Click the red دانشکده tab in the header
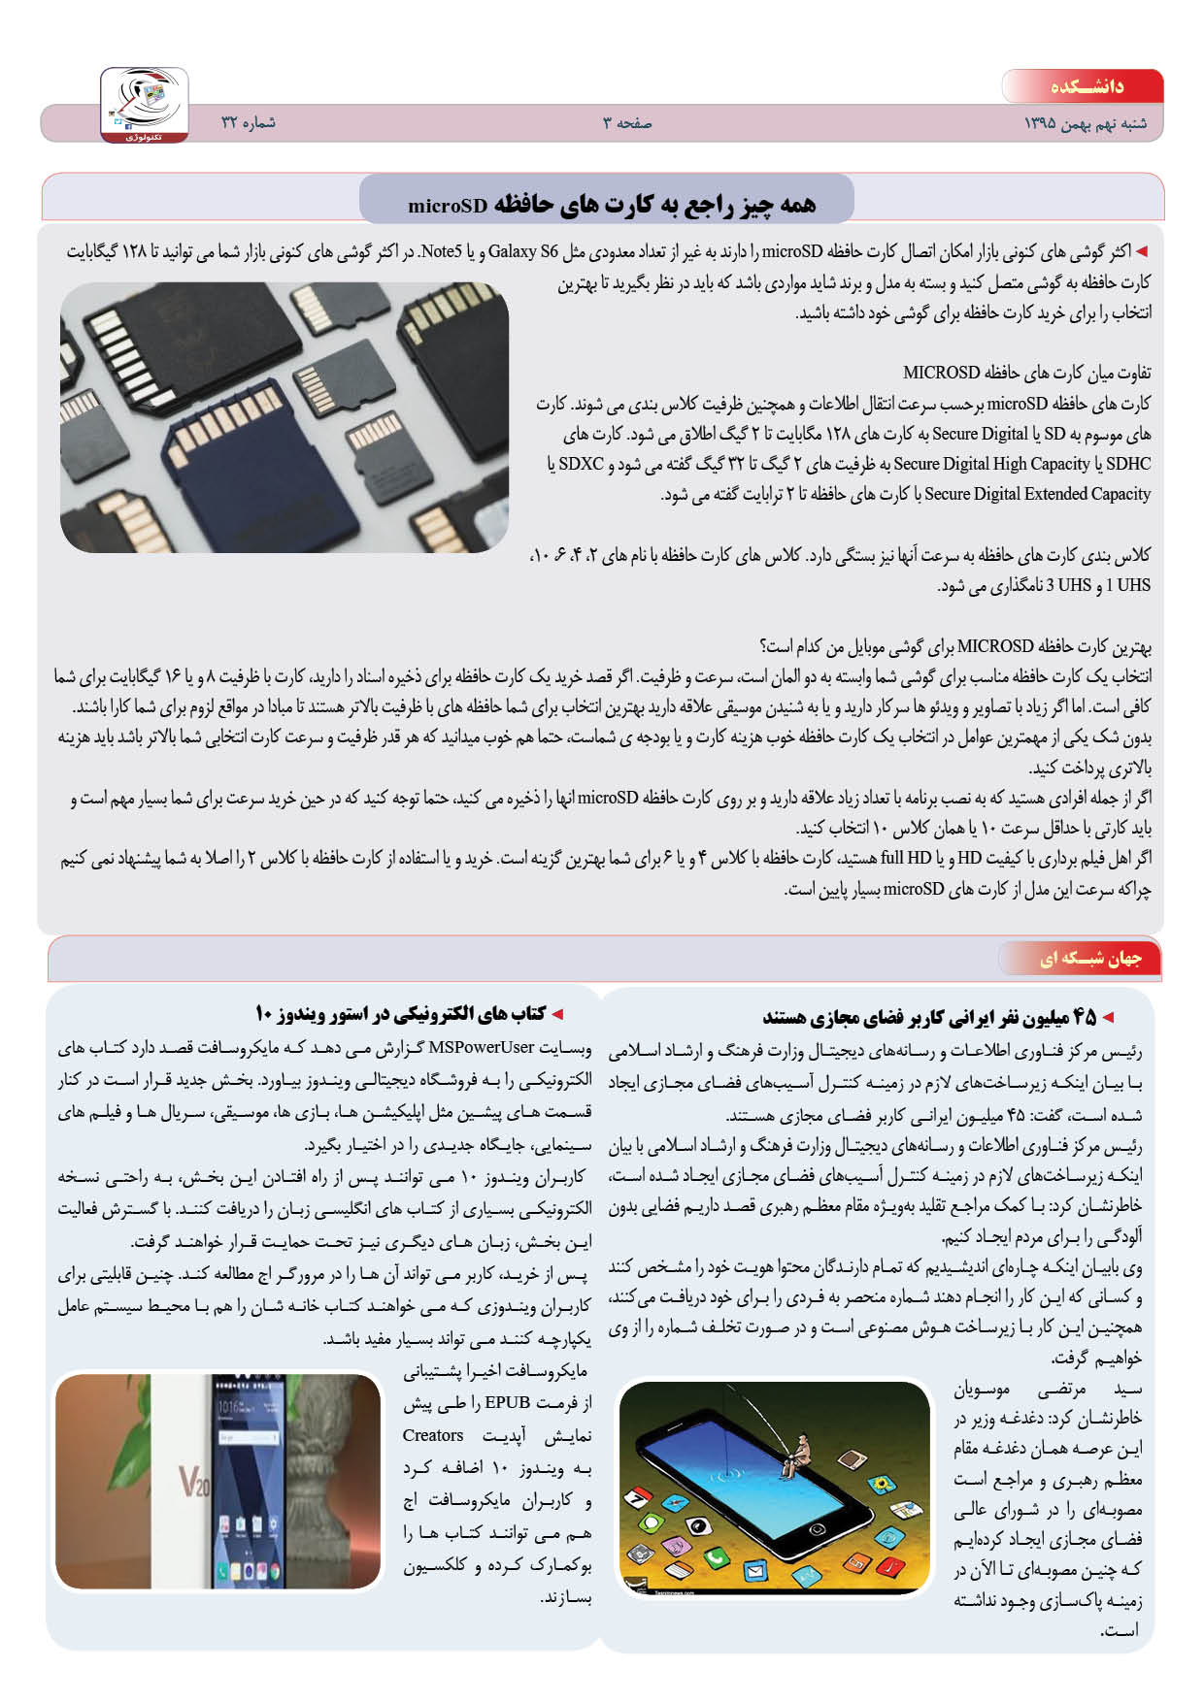pyautogui.click(x=1086, y=86)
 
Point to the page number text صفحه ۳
pyautogui.click(x=627, y=123)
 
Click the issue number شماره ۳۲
pyautogui.click(x=249, y=123)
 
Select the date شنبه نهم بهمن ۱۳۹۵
pyautogui.click(x=1085, y=124)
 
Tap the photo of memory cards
pyautogui.click(x=284, y=418)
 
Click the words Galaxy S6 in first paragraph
pyautogui.click(x=523, y=252)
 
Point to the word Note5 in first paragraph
pyautogui.click(x=442, y=252)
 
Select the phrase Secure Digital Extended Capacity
pyautogui.click(x=1037, y=494)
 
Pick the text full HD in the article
pyautogui.click(x=906, y=858)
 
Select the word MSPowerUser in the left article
pyautogui.click(x=482, y=1047)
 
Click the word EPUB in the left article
pyautogui.click(x=507, y=1402)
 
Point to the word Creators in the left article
pyautogui.click(x=433, y=1435)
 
